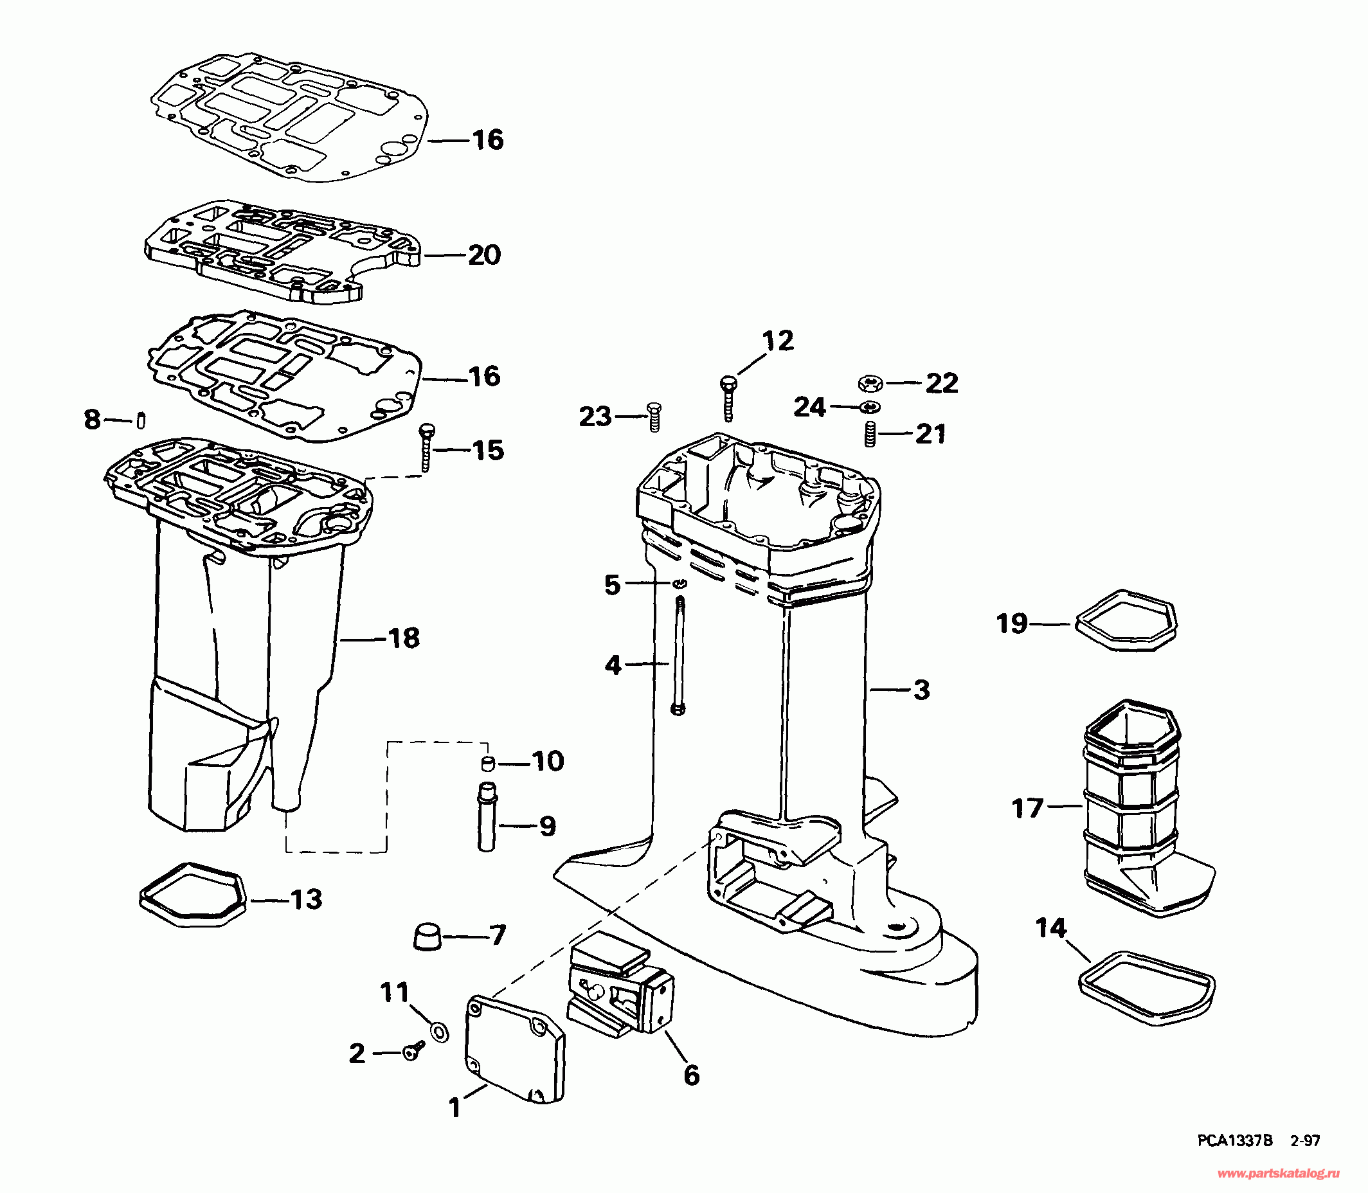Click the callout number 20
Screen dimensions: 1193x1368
484,255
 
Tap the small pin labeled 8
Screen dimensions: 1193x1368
141,420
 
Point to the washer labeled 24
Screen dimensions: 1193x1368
869,407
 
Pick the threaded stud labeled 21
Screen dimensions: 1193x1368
869,435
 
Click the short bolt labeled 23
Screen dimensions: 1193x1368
654,417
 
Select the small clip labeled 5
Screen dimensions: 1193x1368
679,583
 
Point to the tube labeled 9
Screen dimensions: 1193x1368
487,817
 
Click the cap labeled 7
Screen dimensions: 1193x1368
428,936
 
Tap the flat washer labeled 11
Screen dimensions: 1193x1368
439,1032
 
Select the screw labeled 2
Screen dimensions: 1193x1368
413,1052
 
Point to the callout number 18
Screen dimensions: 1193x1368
404,638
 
